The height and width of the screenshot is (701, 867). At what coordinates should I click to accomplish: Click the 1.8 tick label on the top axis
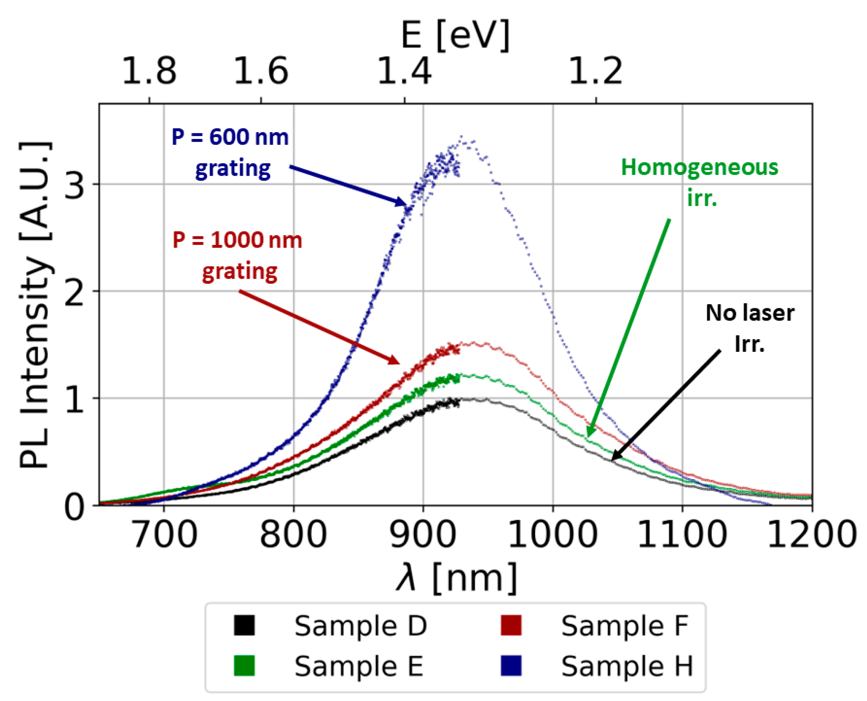[x=149, y=71]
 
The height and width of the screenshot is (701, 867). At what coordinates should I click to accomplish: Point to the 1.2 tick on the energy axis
[x=596, y=71]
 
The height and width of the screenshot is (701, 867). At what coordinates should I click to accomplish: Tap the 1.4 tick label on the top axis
[x=404, y=71]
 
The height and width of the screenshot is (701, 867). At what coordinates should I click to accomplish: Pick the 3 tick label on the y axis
[x=75, y=185]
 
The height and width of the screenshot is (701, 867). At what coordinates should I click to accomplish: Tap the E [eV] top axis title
[x=455, y=35]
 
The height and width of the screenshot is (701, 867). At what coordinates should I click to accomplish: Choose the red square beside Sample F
[x=511, y=625]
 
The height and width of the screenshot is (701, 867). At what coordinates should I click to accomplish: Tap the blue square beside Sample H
[x=511, y=666]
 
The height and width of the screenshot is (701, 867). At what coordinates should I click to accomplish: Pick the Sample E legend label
[x=358, y=666]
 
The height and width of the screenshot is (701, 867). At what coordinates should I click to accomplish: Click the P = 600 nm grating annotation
[x=230, y=153]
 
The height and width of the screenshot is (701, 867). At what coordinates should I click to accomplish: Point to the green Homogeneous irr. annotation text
[x=700, y=182]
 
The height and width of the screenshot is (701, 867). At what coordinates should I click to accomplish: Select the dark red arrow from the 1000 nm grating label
[x=319, y=327]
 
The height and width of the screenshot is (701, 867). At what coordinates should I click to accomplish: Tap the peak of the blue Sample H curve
[x=461, y=137]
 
